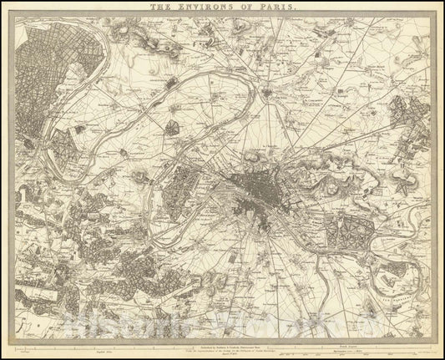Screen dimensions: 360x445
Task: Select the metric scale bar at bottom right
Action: click(x=367, y=344)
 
